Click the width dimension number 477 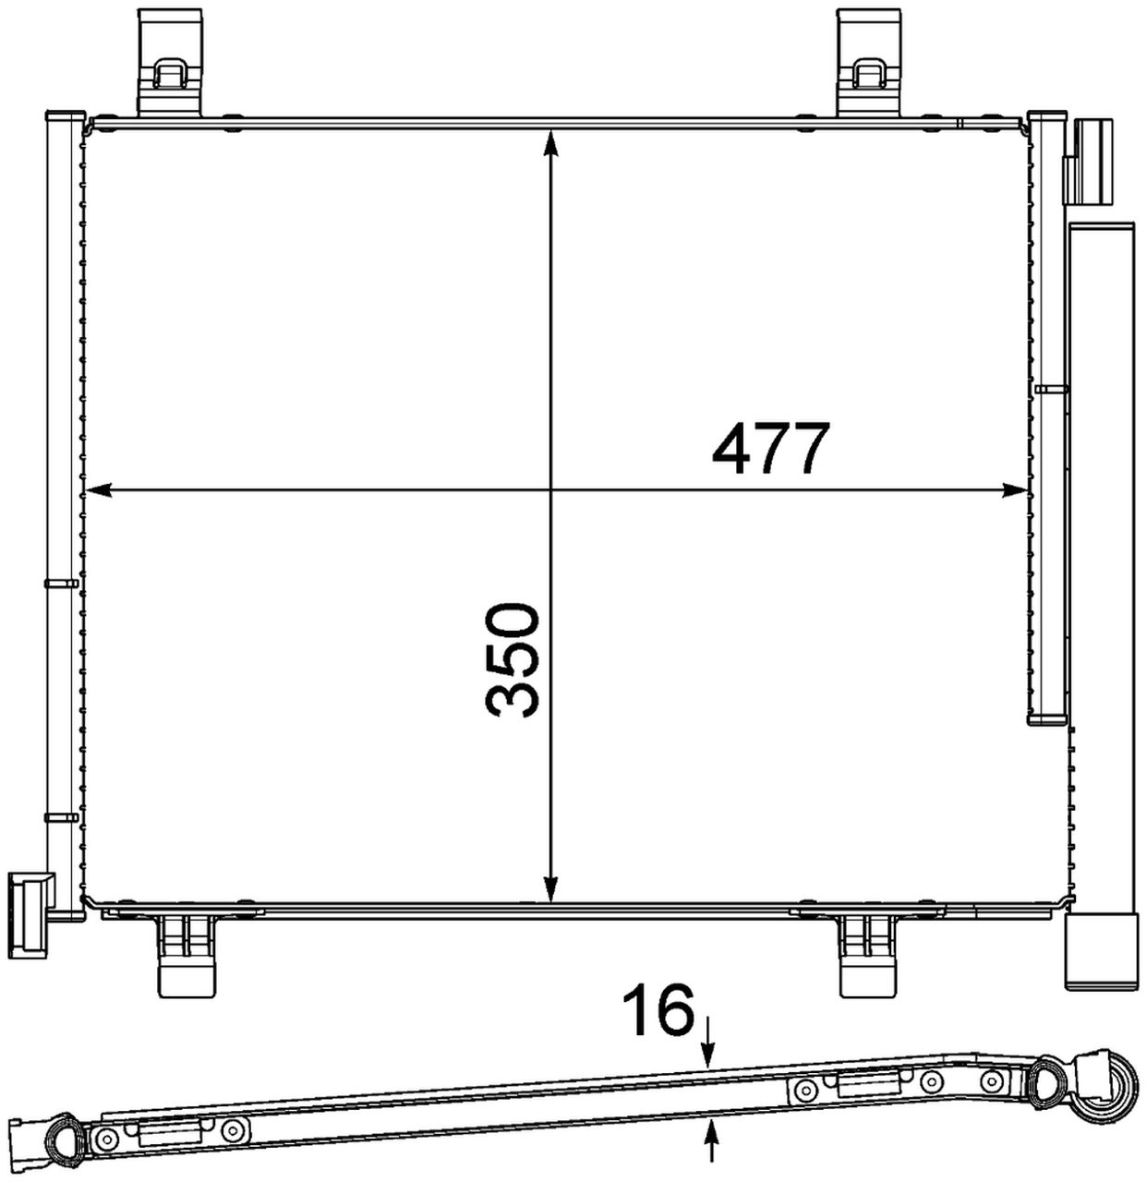(x=766, y=449)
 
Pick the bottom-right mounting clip (x=869, y=955)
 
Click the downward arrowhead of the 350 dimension (x=550, y=890)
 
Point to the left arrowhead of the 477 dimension (x=94, y=489)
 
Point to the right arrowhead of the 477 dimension (x=1016, y=489)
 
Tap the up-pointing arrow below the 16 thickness (x=711, y=1132)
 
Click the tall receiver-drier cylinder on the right (x=1101, y=554)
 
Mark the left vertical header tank (x=62, y=508)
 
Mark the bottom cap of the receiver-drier (x=1101, y=951)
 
